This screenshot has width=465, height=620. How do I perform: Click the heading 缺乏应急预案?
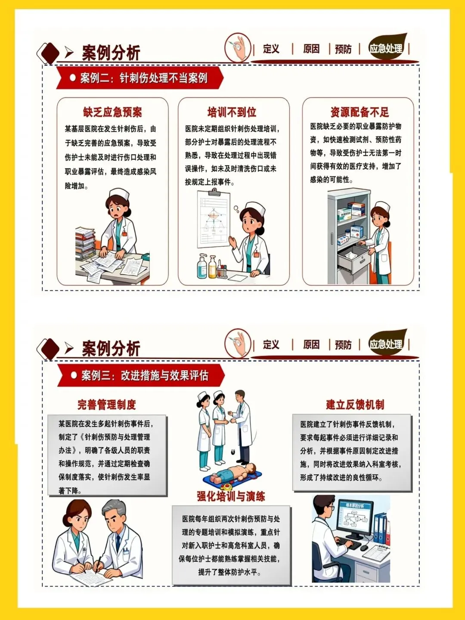[x=112, y=112]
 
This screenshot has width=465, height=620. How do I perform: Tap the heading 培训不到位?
[x=232, y=112]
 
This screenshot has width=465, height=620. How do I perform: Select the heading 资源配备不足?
[x=360, y=112]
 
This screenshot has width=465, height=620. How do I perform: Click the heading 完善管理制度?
[x=107, y=404]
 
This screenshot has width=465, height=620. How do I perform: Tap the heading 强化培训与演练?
[x=231, y=496]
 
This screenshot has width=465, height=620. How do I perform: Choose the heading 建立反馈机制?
[x=355, y=404]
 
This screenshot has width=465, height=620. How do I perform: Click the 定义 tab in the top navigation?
[x=271, y=49]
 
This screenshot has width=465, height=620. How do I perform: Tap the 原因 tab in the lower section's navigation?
[x=311, y=344]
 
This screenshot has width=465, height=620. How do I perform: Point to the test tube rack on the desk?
[x=222, y=272]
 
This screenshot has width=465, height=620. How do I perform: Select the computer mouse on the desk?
[x=364, y=548]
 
